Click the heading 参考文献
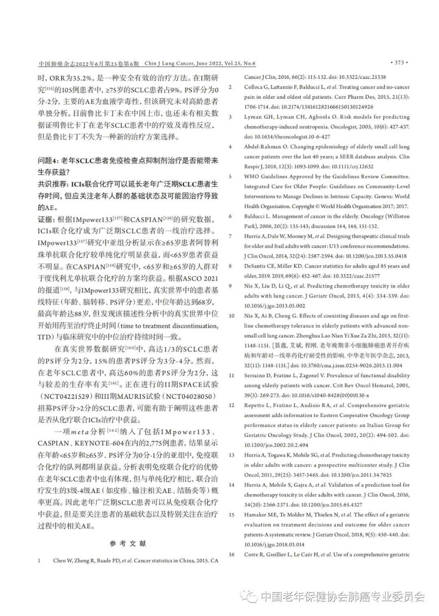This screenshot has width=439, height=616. pyautogui.click(x=128, y=543)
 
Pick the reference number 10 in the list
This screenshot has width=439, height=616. pyautogui.click(x=231, y=316)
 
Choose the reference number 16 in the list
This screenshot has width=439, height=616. pyautogui.click(x=231, y=554)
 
